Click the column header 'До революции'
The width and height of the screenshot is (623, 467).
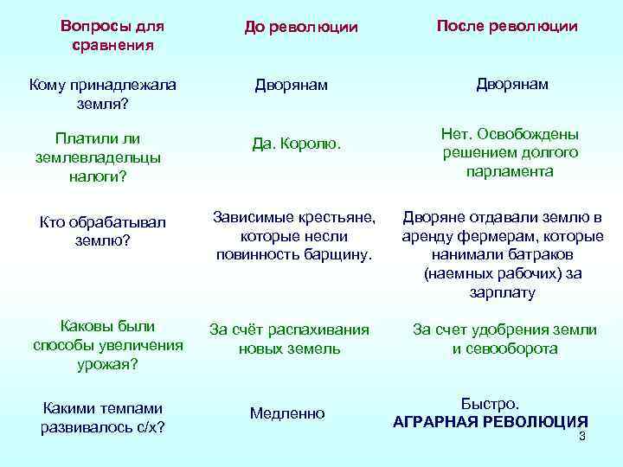pyautogui.click(x=300, y=28)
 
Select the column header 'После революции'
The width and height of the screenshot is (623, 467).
pyautogui.click(x=507, y=26)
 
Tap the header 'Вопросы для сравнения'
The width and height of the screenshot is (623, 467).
pyautogui.click(x=107, y=35)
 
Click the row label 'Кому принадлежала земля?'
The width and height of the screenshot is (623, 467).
pyautogui.click(x=102, y=93)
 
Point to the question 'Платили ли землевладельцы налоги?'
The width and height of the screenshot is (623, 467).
pyautogui.click(x=97, y=157)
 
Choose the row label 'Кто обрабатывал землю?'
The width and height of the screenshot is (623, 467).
pyautogui.click(x=102, y=231)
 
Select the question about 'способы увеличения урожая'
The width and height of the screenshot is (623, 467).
pyautogui.click(x=107, y=345)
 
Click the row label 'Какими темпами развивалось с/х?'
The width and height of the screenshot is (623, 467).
pyautogui.click(x=103, y=418)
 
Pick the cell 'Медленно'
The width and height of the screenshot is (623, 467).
pyautogui.click(x=287, y=413)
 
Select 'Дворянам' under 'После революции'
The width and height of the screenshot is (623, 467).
pyautogui.click(x=512, y=84)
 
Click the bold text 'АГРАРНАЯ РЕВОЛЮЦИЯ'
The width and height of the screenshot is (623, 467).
pyautogui.click(x=491, y=422)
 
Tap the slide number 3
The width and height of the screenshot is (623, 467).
pyautogui.click(x=582, y=436)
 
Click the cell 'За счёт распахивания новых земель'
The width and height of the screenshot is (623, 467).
pyautogui.click(x=290, y=339)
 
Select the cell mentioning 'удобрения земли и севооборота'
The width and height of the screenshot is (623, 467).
pyautogui.click(x=504, y=339)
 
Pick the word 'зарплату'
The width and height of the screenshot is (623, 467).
pyautogui.click(x=504, y=292)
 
